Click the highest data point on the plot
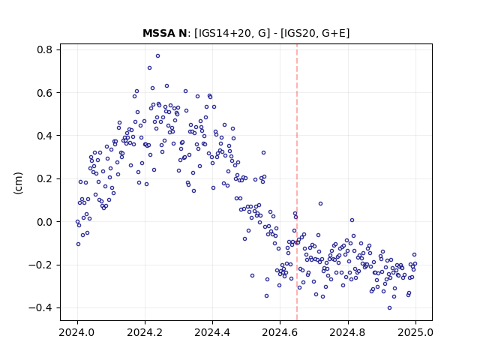click(157, 56)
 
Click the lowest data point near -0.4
click(389, 308)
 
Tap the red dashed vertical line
click(297, 182)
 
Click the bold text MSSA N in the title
click(164, 33)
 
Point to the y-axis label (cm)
click(18, 183)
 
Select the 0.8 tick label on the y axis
click(45, 49)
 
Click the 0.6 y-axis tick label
click(45, 93)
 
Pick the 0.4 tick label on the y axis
click(45, 136)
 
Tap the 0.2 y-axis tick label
click(45, 178)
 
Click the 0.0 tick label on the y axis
click(45, 222)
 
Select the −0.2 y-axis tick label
click(41, 265)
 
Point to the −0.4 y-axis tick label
click(41, 308)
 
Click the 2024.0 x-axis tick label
click(77, 332)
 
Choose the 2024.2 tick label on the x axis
click(145, 332)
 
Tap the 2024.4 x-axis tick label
click(212, 332)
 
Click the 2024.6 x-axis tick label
click(280, 332)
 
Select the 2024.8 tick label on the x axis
click(348, 332)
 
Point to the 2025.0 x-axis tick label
click(415, 332)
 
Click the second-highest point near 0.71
click(149, 68)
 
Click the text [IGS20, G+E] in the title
click(315, 33)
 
